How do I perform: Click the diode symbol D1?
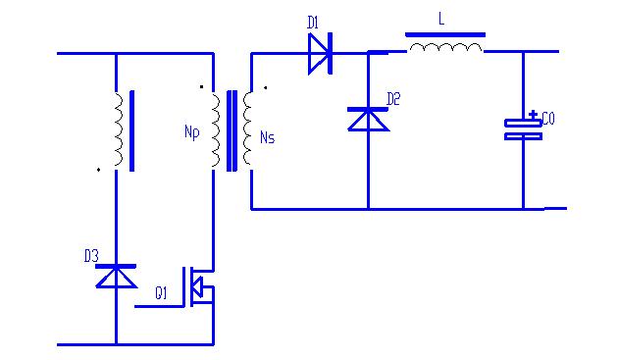point(319,53)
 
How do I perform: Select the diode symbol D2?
point(368,118)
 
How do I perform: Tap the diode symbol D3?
point(116,277)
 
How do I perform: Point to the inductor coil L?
point(445,46)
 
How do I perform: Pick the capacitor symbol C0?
point(523,129)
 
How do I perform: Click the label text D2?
point(393,98)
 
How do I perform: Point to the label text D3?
point(90,256)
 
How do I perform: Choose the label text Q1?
point(162,292)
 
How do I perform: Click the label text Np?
point(191,133)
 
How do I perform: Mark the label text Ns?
point(268,136)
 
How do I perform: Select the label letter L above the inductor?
point(440,18)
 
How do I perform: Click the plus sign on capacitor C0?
point(532,114)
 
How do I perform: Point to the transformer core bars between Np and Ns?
point(232,130)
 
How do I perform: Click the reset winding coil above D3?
point(118,129)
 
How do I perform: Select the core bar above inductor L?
point(445,33)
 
